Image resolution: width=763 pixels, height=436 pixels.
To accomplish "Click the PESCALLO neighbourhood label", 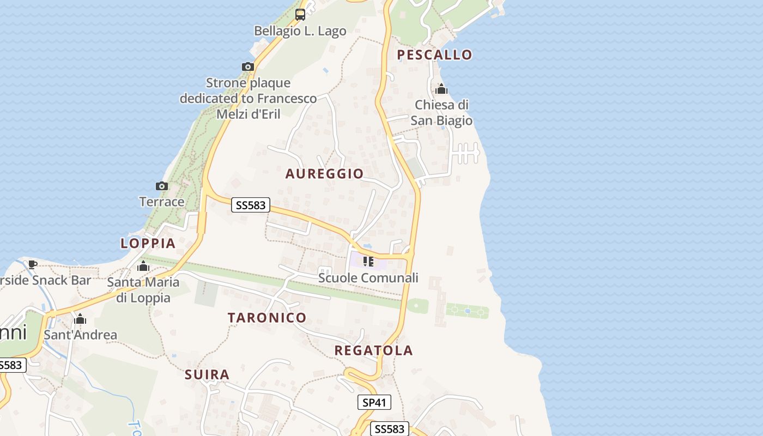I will pyautogui.click(x=434, y=55).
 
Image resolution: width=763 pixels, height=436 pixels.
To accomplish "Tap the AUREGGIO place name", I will pyautogui.click(x=324, y=174).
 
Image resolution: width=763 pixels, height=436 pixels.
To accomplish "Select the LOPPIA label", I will pyautogui.click(x=148, y=244).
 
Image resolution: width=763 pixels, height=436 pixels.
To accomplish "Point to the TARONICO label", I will pyautogui.click(x=267, y=318).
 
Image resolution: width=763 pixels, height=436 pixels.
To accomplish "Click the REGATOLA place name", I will pyautogui.click(x=373, y=350).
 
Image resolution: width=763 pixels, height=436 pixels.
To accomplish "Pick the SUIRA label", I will pyautogui.click(x=207, y=375).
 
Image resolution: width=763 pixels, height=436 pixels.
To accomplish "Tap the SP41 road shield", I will pyautogui.click(x=374, y=403).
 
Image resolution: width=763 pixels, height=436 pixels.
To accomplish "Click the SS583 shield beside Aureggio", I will pyautogui.click(x=251, y=205).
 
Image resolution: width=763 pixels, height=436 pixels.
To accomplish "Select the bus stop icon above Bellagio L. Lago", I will pyautogui.click(x=300, y=15).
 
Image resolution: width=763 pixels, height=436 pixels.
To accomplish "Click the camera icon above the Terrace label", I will pyautogui.click(x=161, y=186).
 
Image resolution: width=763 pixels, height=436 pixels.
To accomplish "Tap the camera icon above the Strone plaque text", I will pyautogui.click(x=248, y=66).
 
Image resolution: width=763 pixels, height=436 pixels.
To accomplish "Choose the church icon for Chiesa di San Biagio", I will pyautogui.click(x=441, y=89).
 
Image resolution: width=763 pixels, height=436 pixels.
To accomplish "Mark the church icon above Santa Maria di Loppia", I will pyautogui.click(x=143, y=266).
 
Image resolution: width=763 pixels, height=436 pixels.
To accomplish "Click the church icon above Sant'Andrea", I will pyautogui.click(x=80, y=319).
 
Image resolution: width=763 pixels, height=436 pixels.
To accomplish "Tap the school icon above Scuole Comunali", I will pyautogui.click(x=368, y=262).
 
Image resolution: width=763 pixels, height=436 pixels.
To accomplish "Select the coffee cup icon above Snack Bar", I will pyautogui.click(x=33, y=264).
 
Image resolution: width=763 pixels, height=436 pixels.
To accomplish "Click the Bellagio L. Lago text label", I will pyautogui.click(x=300, y=31).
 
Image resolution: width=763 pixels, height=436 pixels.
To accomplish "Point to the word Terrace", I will pyautogui.click(x=162, y=202).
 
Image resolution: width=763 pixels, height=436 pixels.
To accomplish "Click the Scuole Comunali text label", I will pyautogui.click(x=368, y=278).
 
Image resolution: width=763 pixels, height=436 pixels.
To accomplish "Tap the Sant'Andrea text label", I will pyautogui.click(x=80, y=335).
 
